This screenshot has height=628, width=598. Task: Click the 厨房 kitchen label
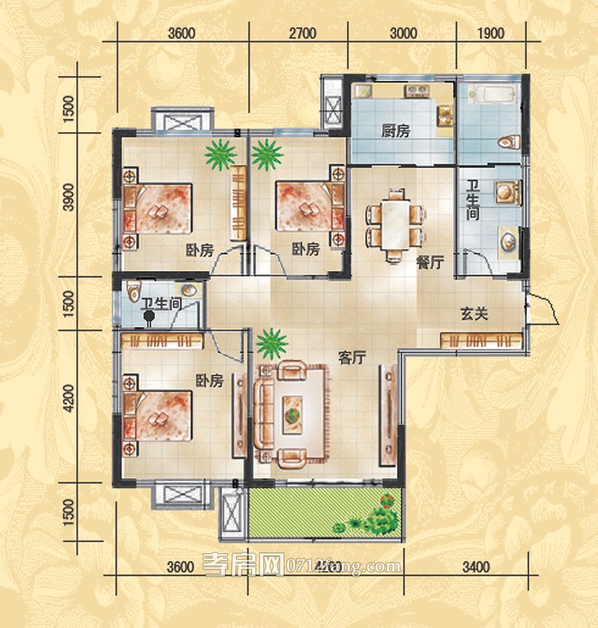click(395, 131)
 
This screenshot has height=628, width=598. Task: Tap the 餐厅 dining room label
click(431, 262)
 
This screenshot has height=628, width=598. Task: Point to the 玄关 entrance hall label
click(474, 314)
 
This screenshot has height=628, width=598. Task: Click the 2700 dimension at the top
click(302, 33)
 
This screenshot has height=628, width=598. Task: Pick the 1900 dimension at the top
click(490, 33)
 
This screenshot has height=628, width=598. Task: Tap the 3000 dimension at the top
click(402, 33)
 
